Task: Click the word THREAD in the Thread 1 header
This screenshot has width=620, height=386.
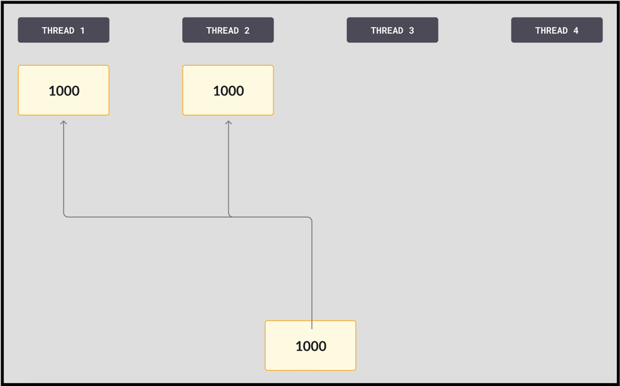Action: (x=58, y=30)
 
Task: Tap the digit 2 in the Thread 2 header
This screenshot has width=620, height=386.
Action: (x=247, y=30)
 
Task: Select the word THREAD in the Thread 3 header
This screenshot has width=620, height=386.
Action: (x=387, y=30)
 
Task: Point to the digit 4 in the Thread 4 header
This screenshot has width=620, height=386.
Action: (x=576, y=30)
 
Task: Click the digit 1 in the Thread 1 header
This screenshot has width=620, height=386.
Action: (x=82, y=30)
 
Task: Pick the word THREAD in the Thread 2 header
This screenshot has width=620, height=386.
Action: (x=223, y=30)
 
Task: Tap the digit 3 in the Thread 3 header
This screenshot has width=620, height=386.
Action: (x=411, y=30)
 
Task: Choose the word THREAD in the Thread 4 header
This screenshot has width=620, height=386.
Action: (x=551, y=30)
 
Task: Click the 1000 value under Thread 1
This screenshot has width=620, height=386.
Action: (x=64, y=91)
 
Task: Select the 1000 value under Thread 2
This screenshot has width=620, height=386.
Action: (x=228, y=91)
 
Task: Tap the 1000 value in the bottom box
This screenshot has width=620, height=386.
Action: (x=311, y=346)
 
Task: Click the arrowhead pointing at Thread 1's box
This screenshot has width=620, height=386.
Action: (x=63, y=123)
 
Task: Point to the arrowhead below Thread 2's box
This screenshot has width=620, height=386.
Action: (x=228, y=123)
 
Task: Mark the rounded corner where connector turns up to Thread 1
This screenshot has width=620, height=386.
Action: (x=64, y=216)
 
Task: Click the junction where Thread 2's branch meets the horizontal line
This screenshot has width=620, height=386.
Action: (x=229, y=217)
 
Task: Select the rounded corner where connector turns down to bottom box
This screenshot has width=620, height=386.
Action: (x=311, y=218)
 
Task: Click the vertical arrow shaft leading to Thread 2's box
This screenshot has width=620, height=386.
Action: (x=228, y=169)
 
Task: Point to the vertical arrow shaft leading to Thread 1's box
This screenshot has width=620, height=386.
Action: (x=63, y=168)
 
